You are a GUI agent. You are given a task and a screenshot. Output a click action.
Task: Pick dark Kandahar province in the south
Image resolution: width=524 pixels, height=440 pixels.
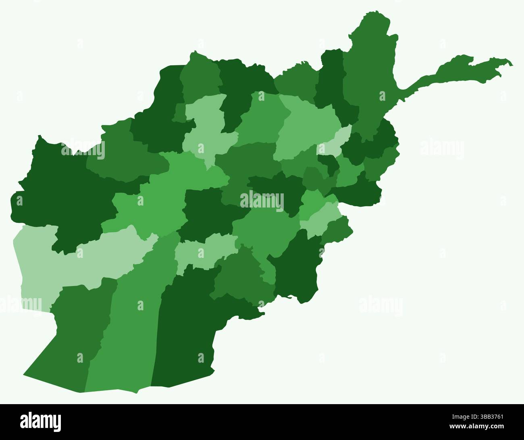[185, 322]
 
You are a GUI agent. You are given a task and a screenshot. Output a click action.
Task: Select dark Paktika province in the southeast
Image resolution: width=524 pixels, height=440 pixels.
[298, 270]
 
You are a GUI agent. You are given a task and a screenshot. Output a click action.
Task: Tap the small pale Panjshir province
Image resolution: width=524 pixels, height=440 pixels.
[335, 141]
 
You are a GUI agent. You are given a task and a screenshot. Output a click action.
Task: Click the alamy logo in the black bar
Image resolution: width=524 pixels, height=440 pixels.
[40, 421]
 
